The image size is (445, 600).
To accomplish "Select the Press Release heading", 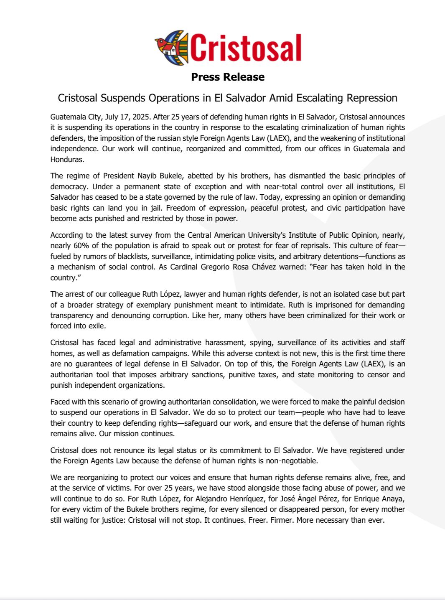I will [x=228, y=77].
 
